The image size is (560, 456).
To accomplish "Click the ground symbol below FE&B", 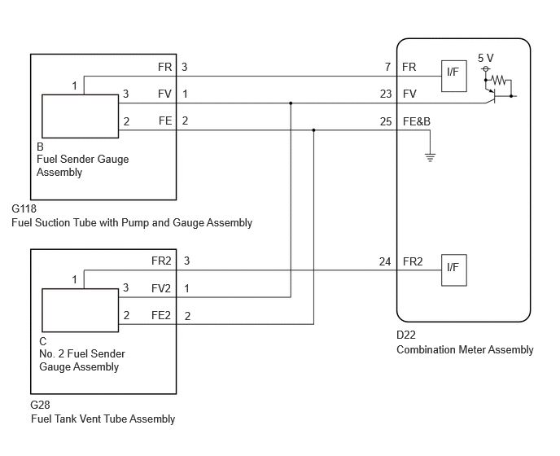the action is [x=430, y=157].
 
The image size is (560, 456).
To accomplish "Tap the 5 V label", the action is [x=486, y=58].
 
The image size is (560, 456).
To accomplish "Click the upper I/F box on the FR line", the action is [x=454, y=76].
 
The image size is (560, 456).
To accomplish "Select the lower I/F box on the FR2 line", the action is [x=454, y=270].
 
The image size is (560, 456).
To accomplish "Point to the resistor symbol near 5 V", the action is [x=499, y=80].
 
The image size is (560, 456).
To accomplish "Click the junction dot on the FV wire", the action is [x=291, y=103].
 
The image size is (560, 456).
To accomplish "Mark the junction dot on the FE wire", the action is [x=313, y=130].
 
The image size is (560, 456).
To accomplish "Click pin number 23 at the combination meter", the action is [x=386, y=94].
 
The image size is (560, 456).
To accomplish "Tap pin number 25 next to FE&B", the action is [x=386, y=121].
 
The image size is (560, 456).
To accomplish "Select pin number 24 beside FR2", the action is [x=385, y=262].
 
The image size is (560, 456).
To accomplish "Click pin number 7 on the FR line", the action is [x=388, y=67].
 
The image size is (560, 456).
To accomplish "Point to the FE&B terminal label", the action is [x=417, y=121].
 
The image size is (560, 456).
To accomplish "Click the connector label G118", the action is [x=24, y=208].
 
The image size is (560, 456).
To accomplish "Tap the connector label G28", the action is [x=41, y=405].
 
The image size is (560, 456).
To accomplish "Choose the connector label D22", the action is [x=406, y=335].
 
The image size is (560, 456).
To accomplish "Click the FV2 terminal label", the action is [x=161, y=288].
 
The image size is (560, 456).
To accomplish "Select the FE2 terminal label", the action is [x=161, y=315].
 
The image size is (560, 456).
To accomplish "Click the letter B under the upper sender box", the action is [x=40, y=147].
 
